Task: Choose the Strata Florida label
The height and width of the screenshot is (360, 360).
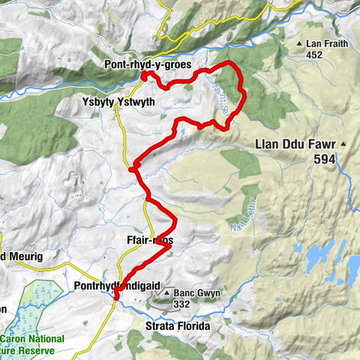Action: pyautogui.click(x=176, y=326)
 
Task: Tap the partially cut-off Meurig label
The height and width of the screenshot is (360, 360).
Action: pyautogui.click(x=22, y=256)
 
